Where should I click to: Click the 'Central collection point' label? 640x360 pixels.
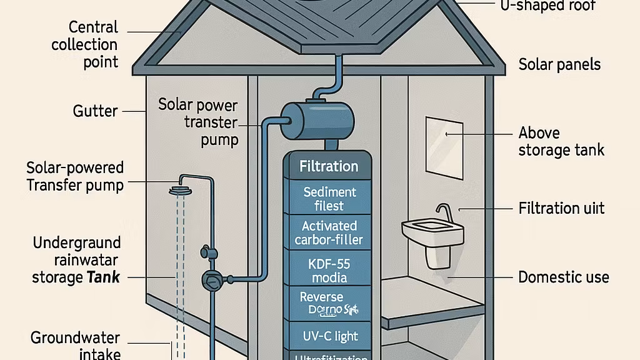click(x=84, y=44)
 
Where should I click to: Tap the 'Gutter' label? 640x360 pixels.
click(x=95, y=111)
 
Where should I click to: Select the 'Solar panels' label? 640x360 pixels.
click(x=559, y=64)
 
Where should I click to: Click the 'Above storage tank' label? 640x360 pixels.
click(x=561, y=141)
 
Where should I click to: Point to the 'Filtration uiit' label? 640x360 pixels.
click(x=561, y=207)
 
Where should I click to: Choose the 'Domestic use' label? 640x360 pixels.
click(x=563, y=277)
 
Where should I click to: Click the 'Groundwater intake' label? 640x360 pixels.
click(x=76, y=346)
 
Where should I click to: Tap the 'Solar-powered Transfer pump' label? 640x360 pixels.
click(x=75, y=176)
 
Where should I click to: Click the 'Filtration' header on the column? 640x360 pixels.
click(x=329, y=167)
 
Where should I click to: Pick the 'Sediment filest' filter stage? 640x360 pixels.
click(x=329, y=198)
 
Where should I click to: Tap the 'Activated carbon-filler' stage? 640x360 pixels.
click(x=329, y=232)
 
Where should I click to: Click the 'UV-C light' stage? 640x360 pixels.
click(x=329, y=336)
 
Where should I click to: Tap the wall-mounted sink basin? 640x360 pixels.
click(x=432, y=232)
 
